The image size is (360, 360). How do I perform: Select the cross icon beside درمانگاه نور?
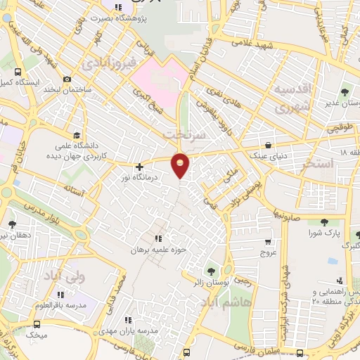pos(139,167)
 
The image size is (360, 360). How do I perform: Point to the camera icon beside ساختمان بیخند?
pos(67,79)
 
